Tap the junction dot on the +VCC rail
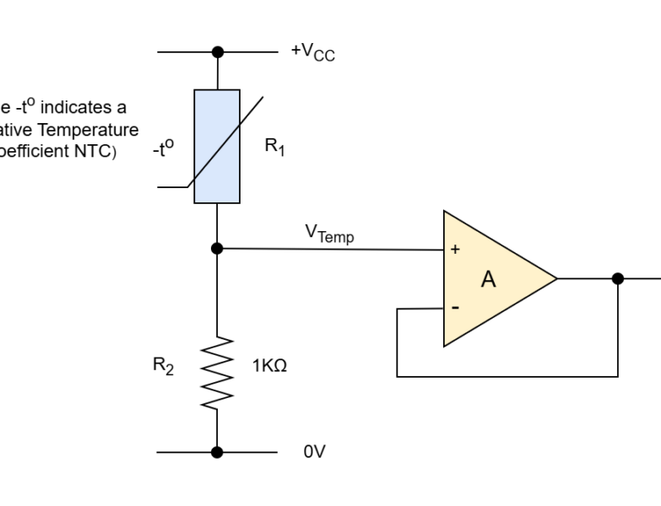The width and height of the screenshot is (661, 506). (x=218, y=51)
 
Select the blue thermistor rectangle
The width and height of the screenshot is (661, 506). (x=217, y=146)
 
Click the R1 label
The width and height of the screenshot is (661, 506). (x=275, y=146)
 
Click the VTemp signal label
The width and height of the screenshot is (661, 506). (x=330, y=234)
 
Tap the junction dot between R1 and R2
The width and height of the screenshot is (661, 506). (x=217, y=248)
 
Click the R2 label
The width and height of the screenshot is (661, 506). (x=164, y=367)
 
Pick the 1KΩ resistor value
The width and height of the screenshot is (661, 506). (x=270, y=367)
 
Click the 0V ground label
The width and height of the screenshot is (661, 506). (x=314, y=452)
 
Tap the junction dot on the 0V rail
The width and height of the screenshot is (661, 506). (x=217, y=452)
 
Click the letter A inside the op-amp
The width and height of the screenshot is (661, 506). (x=488, y=280)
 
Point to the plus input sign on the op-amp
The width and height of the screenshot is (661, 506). (x=456, y=250)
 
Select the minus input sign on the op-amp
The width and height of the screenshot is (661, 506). (x=456, y=308)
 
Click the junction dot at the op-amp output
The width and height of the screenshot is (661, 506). (x=618, y=278)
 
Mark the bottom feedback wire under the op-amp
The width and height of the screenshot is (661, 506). (x=507, y=376)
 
